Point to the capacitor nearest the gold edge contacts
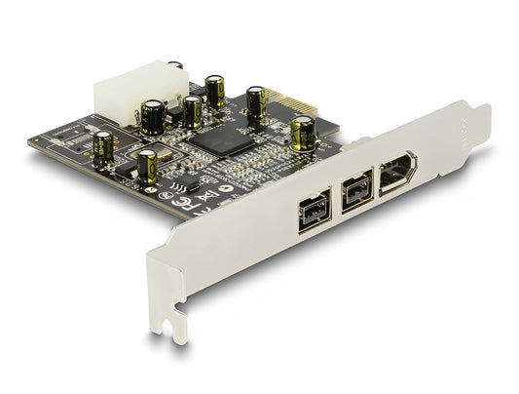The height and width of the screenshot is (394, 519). coord(303,132)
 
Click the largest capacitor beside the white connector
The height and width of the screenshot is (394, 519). coord(153,114)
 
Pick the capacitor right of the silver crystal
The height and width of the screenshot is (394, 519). coord(148,165)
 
